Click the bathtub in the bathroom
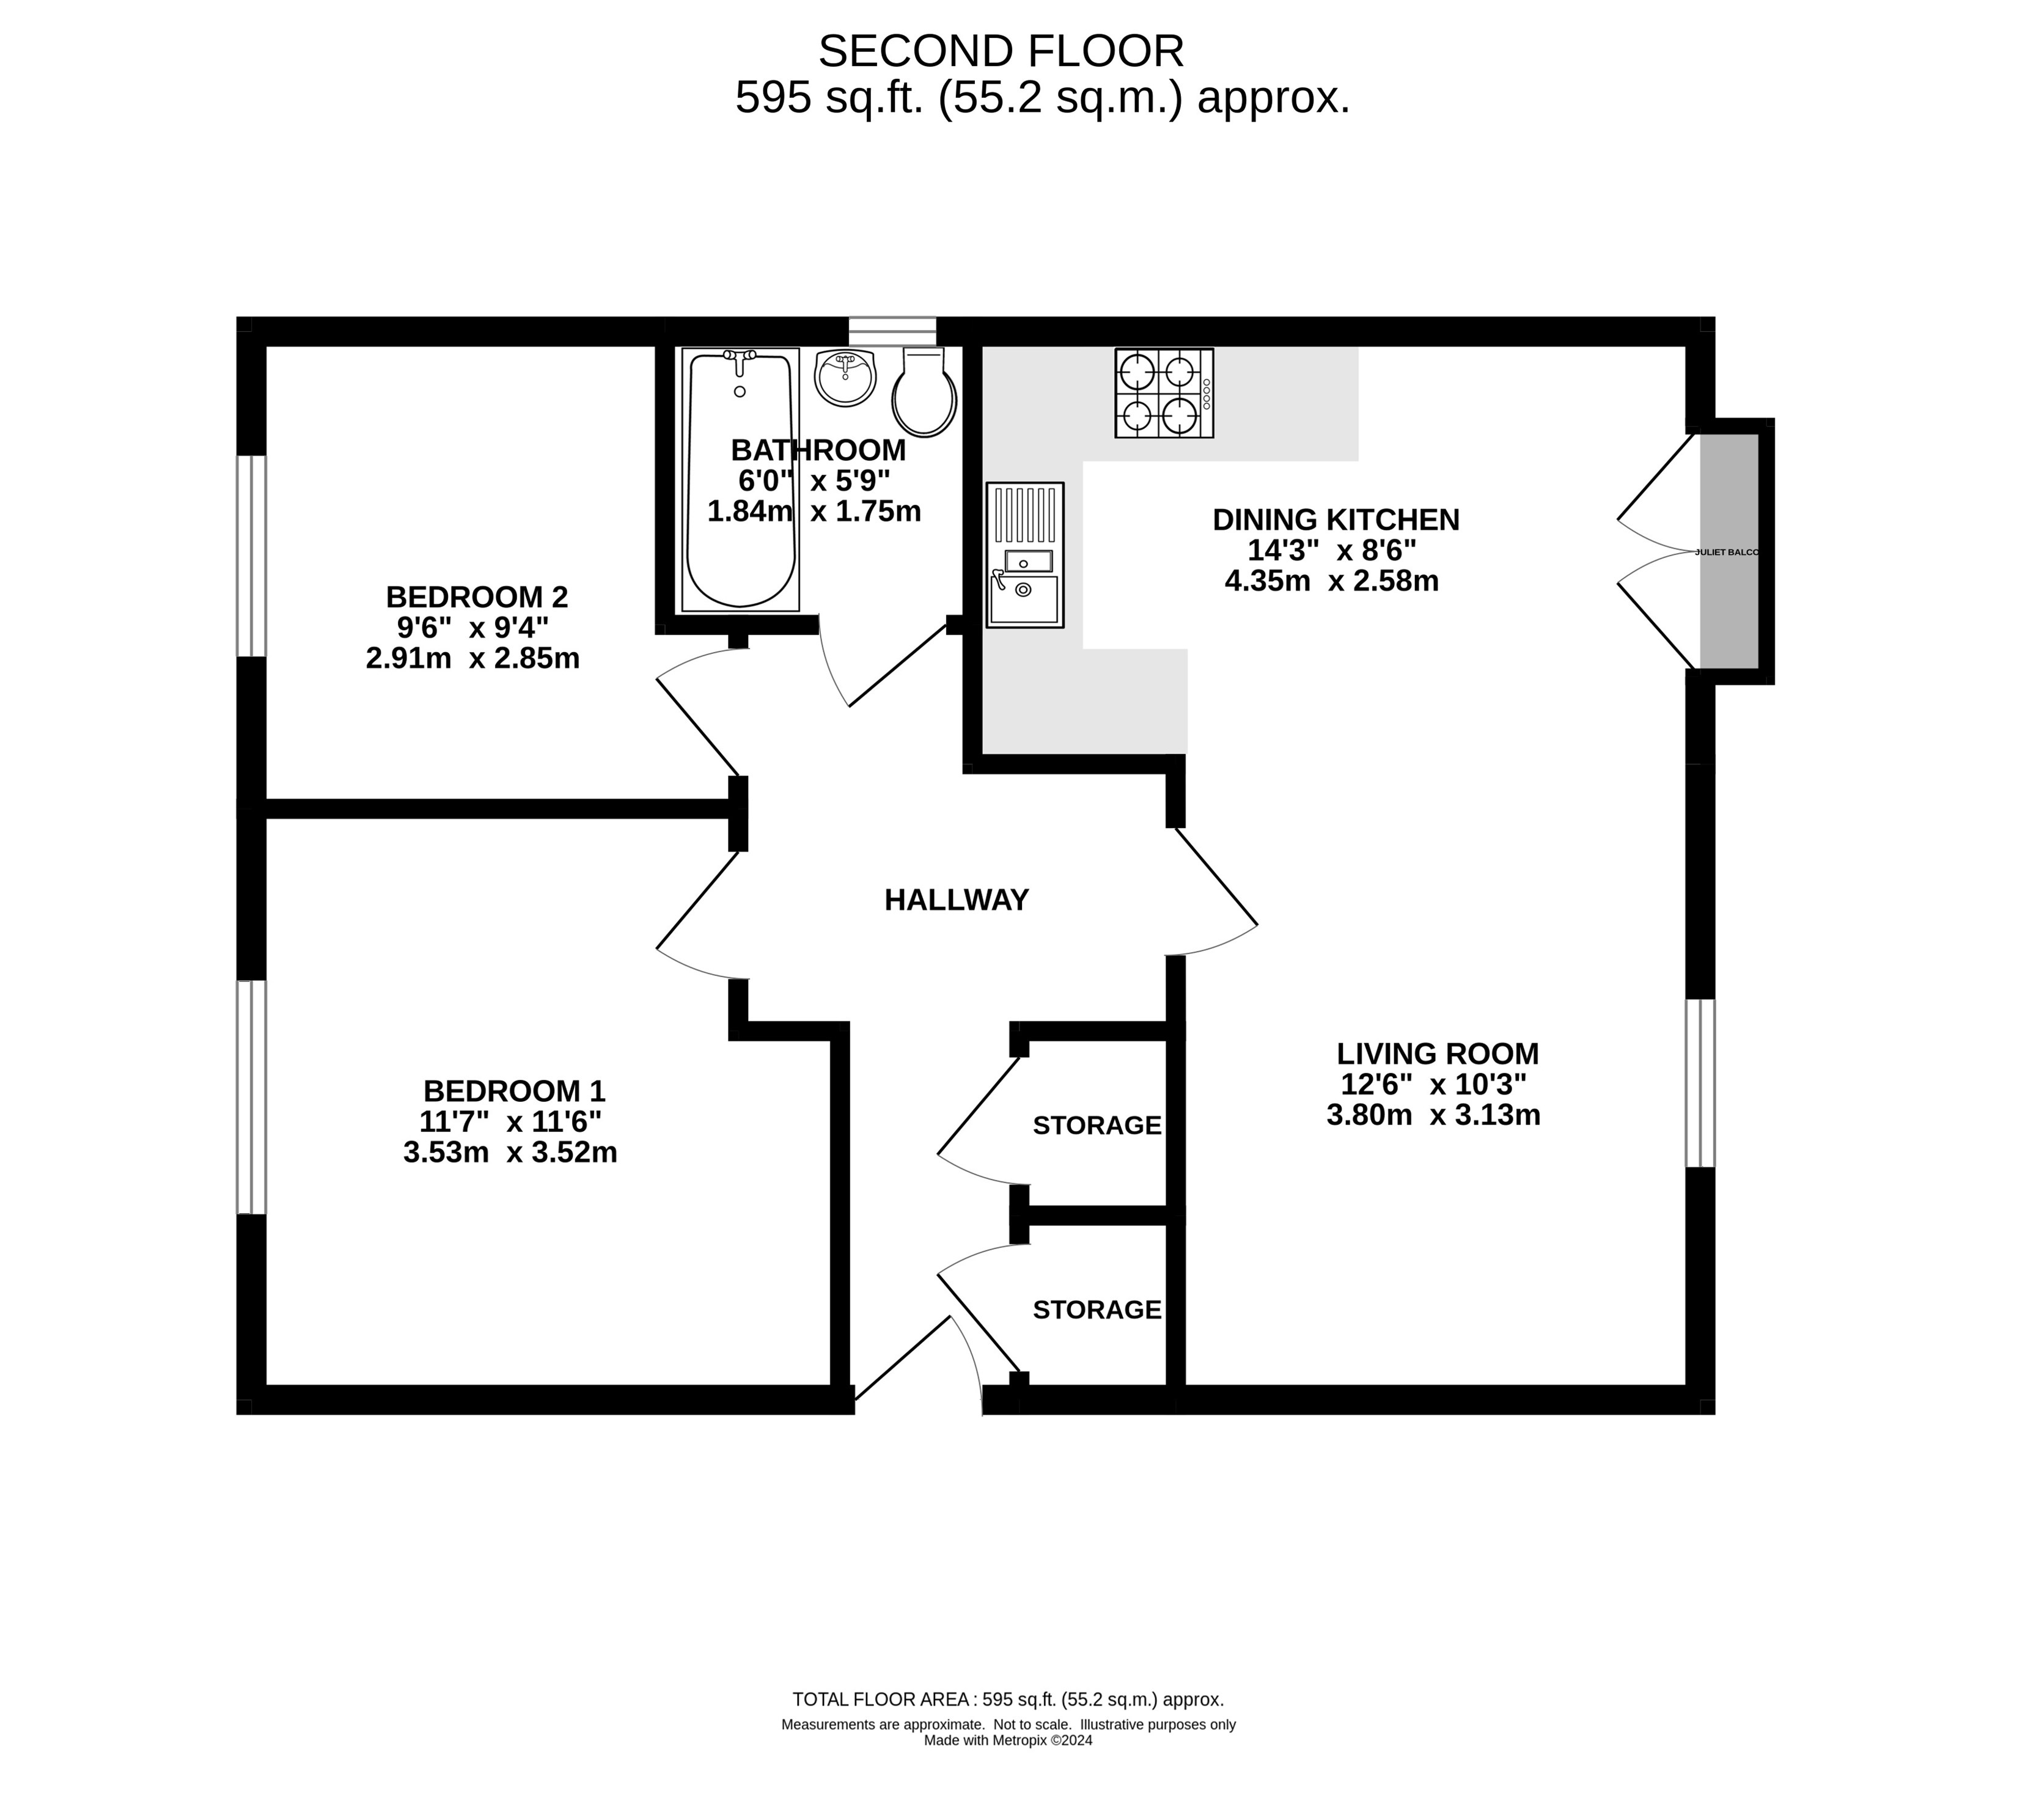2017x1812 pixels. click(x=740, y=479)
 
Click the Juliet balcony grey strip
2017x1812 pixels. click(x=1729, y=551)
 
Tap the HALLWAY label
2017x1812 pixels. click(x=956, y=900)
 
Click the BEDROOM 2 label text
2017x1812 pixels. click(x=477, y=597)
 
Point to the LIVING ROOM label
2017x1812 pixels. click(x=1438, y=1054)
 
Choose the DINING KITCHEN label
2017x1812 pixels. click(x=1336, y=519)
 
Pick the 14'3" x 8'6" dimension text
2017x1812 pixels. click(x=1332, y=549)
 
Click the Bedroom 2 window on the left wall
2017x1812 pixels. click(x=252, y=557)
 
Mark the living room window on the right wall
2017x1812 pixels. click(x=1700, y=1082)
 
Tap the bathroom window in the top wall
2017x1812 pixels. click(x=893, y=331)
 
